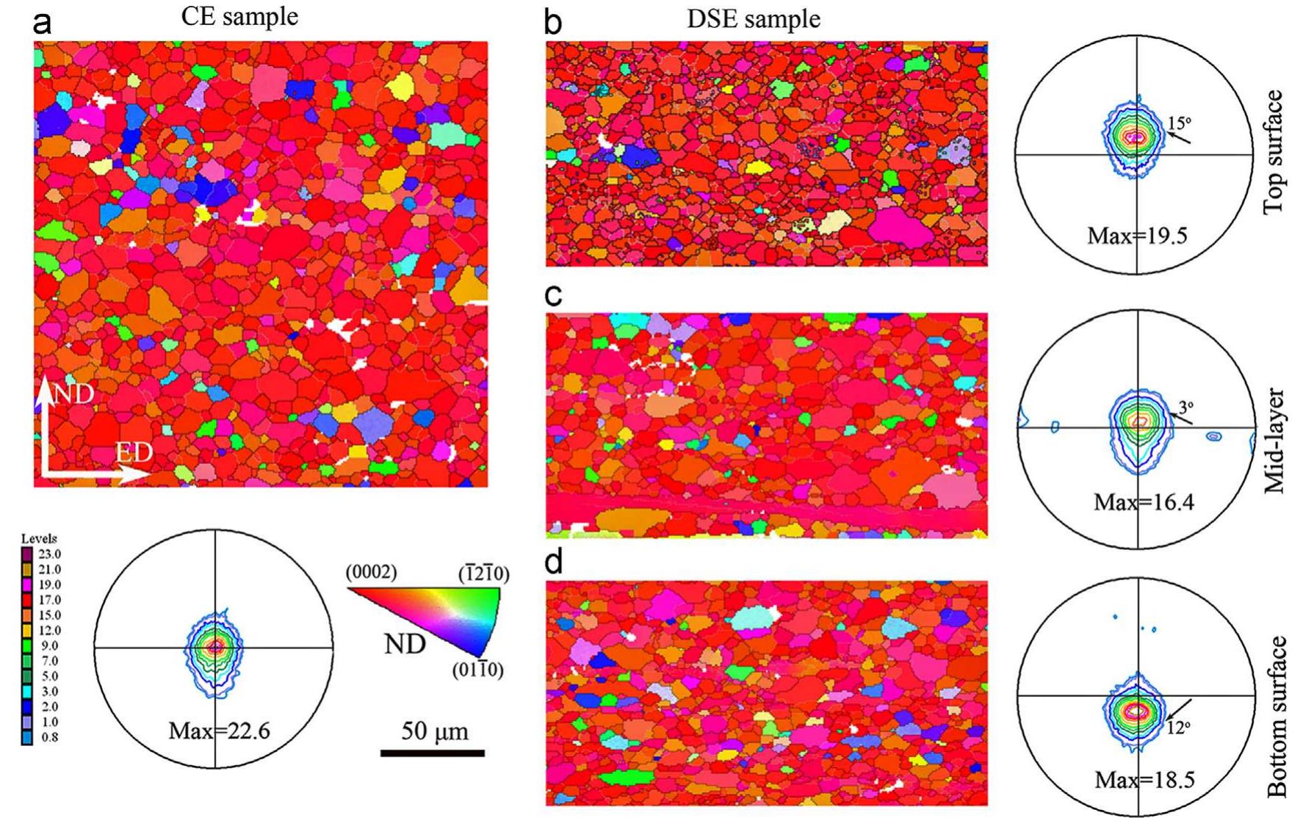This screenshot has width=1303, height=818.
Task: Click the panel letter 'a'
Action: click(43, 23)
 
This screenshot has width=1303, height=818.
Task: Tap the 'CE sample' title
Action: click(239, 17)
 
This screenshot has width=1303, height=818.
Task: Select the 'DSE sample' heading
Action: click(753, 19)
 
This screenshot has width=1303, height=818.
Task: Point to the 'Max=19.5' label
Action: click(1137, 236)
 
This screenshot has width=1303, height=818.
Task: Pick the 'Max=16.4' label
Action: click(1143, 502)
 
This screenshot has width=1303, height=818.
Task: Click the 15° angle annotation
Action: click(1180, 123)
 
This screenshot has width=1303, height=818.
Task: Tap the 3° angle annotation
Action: click(1186, 406)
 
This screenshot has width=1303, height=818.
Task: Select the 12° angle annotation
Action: click(1178, 728)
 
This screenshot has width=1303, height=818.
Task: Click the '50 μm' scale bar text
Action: click(434, 731)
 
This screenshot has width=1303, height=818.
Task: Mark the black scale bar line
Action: click(432, 753)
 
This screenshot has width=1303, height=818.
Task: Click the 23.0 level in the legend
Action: click(49, 554)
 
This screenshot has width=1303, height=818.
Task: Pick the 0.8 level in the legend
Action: click(49, 737)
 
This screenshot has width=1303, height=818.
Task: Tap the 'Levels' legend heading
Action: click(39, 538)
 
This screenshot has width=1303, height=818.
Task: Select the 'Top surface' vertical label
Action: click(1274, 153)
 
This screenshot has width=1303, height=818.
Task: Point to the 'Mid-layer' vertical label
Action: click(1274, 441)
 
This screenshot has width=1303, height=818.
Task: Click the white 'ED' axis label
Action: click(134, 453)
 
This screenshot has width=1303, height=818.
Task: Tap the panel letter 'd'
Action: click(554, 562)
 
